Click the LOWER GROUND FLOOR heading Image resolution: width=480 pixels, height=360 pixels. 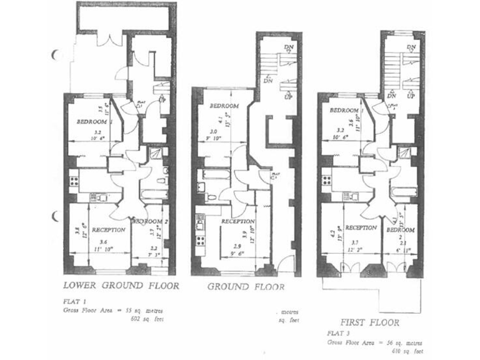[x=122, y=287]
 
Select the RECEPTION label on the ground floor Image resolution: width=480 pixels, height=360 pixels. [x=237, y=222]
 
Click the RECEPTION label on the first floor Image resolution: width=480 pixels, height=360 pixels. [x=361, y=228]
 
